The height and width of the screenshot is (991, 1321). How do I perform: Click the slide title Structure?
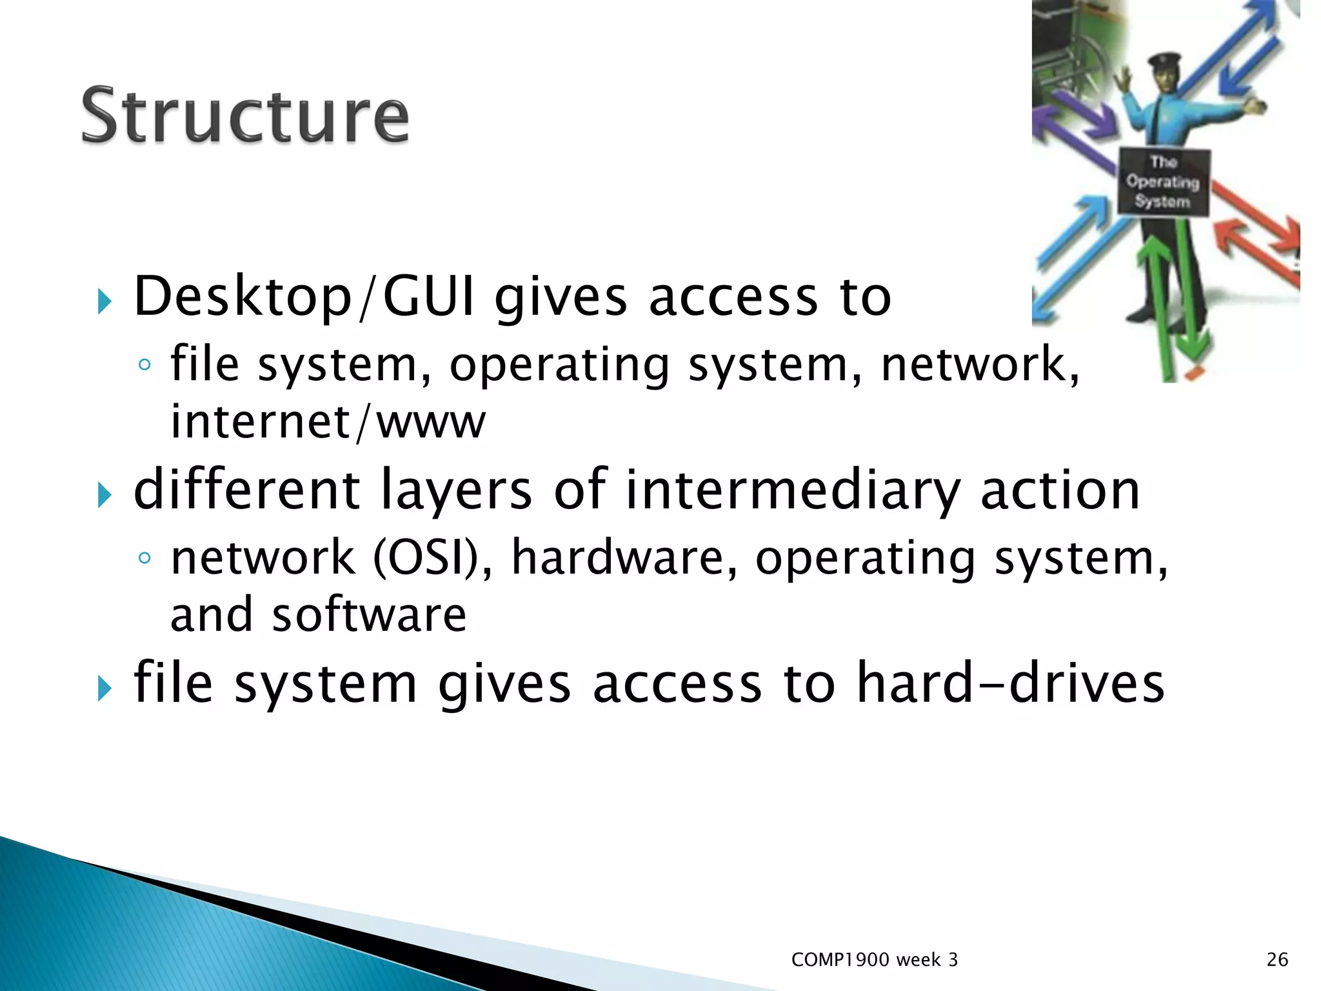pos(245,116)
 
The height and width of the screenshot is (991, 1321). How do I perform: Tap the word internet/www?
pos(328,422)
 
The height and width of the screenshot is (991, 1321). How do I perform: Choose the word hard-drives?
pos(1010,683)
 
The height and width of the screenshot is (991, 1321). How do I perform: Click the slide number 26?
pos(1277,960)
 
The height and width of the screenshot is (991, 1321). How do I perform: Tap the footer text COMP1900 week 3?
pos(874,960)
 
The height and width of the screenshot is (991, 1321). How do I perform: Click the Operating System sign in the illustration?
pos(1163,182)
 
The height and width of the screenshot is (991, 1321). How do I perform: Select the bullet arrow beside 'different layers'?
pos(104,495)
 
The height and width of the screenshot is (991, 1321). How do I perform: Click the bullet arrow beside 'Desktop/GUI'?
pos(104,302)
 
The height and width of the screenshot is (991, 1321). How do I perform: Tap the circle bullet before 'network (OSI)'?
pos(144,558)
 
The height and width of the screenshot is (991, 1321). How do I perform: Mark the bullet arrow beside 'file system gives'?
pos(104,688)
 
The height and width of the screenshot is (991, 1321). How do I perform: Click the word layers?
pos(455,490)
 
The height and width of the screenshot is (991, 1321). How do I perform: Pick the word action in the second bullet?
pos(1060,490)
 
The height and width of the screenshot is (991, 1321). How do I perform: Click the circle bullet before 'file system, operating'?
pos(144,365)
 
